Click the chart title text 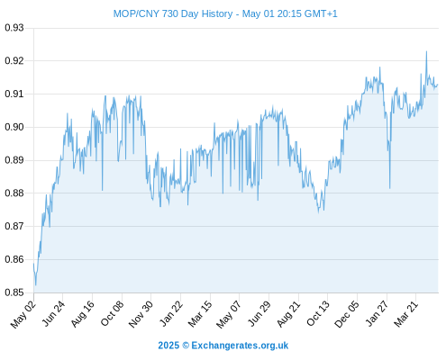pyautogui.click(x=225, y=13)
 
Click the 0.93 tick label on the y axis pyautogui.click(x=14, y=28)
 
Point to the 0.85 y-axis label pyautogui.click(x=14, y=292)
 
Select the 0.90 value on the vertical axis pyautogui.click(x=14, y=127)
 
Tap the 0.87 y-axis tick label pyautogui.click(x=14, y=226)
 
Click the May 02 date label pyautogui.click(x=23, y=314)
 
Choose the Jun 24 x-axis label pyautogui.click(x=53, y=314)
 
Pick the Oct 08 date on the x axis pyautogui.click(x=112, y=314)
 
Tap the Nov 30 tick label pyautogui.click(x=141, y=314)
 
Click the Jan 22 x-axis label pyautogui.click(x=171, y=314)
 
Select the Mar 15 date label pyautogui.click(x=200, y=314)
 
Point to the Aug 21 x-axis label pyautogui.click(x=288, y=314)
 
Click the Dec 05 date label pyautogui.click(x=347, y=314)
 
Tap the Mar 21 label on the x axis pyautogui.click(x=405, y=314)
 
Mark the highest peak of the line pyautogui.click(x=426, y=51)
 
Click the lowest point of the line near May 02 pyautogui.click(x=36, y=285)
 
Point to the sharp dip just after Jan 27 pyautogui.click(x=390, y=188)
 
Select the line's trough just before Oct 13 pyautogui.click(x=319, y=212)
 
